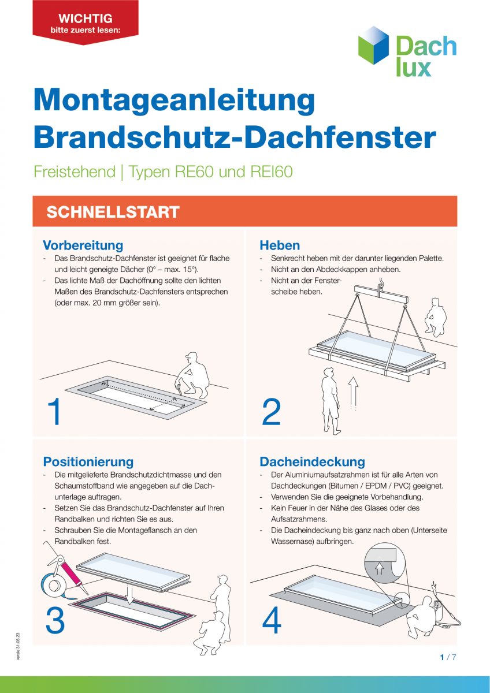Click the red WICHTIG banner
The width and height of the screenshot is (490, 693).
point(86,22)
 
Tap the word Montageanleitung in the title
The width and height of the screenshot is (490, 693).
point(174,100)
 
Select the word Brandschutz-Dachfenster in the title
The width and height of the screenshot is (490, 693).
point(235,137)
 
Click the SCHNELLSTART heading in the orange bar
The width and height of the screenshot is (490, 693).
point(113,212)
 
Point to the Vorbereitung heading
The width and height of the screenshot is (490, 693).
point(83,245)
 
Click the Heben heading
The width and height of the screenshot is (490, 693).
point(280,245)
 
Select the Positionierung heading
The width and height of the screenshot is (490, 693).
point(88,461)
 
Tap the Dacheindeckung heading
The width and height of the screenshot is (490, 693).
point(312,461)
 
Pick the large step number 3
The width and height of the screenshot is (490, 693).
point(55,620)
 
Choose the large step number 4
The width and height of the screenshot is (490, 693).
point(272,620)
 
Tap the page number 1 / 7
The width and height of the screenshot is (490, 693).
point(448,657)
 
